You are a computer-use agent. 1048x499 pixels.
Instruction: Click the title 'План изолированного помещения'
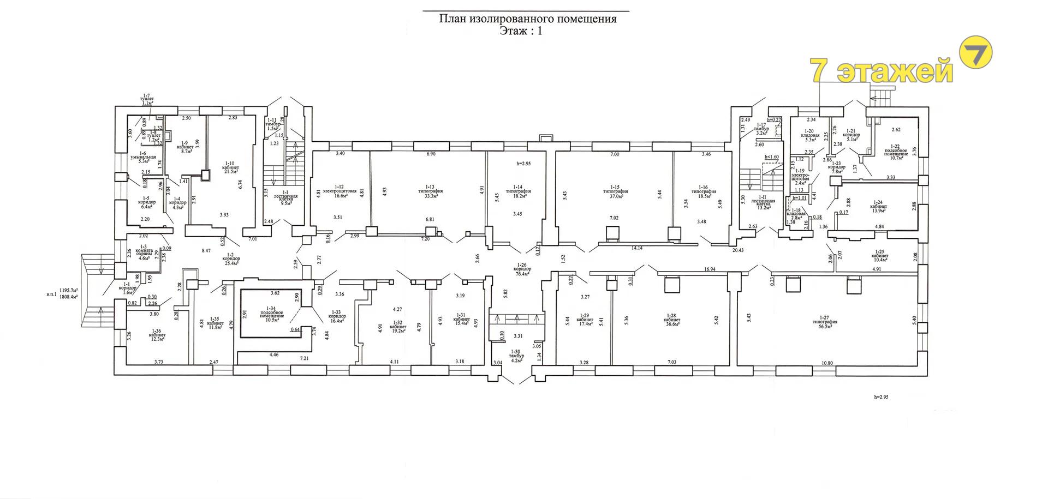[528, 19]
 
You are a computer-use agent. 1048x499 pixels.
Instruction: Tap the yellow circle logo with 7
[976, 53]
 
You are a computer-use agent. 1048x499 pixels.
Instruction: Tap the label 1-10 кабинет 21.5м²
[232, 167]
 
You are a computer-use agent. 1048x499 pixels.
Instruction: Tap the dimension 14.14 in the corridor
[636, 248]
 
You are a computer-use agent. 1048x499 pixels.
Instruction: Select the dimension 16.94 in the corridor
[710, 269]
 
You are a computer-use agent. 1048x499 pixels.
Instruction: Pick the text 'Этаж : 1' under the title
[521, 31]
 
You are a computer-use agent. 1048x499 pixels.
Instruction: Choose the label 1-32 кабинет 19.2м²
[398, 327]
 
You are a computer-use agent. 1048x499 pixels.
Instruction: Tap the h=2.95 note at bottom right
[881, 397]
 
